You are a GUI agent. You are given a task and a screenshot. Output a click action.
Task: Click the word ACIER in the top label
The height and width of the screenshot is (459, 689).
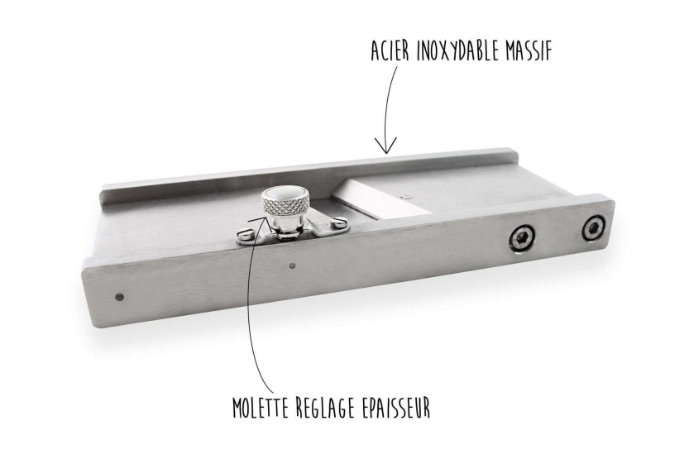(390, 51)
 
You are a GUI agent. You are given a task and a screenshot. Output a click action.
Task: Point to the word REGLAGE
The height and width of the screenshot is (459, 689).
(325, 408)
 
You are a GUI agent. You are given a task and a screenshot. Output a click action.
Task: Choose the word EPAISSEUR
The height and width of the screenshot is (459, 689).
(395, 408)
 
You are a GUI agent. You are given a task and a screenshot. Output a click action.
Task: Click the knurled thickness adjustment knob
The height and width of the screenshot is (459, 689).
(283, 203)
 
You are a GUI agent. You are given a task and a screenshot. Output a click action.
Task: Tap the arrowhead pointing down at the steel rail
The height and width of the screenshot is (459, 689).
(385, 146)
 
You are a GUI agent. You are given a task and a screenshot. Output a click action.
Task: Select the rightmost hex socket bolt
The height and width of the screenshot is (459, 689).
(594, 228)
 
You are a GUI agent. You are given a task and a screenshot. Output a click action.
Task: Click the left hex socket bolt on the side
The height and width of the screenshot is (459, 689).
(522, 239)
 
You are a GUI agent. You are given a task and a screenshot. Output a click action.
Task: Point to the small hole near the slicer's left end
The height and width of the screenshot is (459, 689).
(118, 298)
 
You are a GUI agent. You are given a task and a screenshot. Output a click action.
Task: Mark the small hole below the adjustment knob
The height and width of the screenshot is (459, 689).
(292, 265)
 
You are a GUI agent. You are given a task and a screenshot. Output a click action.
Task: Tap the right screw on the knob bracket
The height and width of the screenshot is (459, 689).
(338, 223)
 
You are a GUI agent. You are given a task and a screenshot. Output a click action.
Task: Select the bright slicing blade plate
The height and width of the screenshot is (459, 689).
(380, 198)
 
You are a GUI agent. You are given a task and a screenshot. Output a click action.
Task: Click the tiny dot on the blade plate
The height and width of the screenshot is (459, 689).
(406, 197)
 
